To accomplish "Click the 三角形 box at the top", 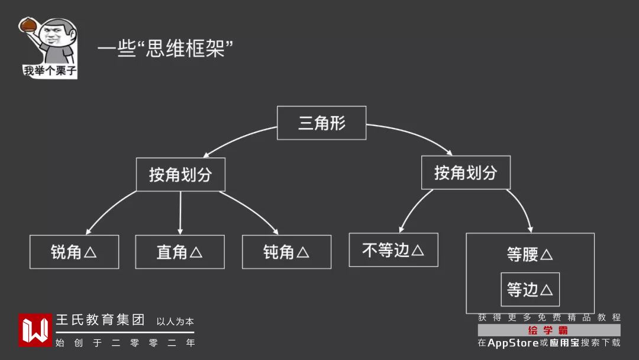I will tap(321, 123).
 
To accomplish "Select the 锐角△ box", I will tap(74, 252).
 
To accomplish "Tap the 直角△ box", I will tap(180, 252).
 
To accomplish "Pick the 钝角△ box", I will tap(286, 252).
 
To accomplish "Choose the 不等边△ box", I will tap(393, 250).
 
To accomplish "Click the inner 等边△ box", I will tap(530, 290).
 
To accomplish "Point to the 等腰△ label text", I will tap(530, 255).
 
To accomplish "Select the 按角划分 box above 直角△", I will tap(180, 175).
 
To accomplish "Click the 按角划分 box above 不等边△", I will tap(466, 173).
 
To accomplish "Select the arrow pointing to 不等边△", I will tap(414, 209).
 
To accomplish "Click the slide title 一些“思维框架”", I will tap(165, 49).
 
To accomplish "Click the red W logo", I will tap(35, 330).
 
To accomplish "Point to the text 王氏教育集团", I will tap(100, 320).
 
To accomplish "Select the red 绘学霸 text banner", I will tap(548, 330).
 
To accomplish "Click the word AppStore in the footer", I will tap(513, 343).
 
